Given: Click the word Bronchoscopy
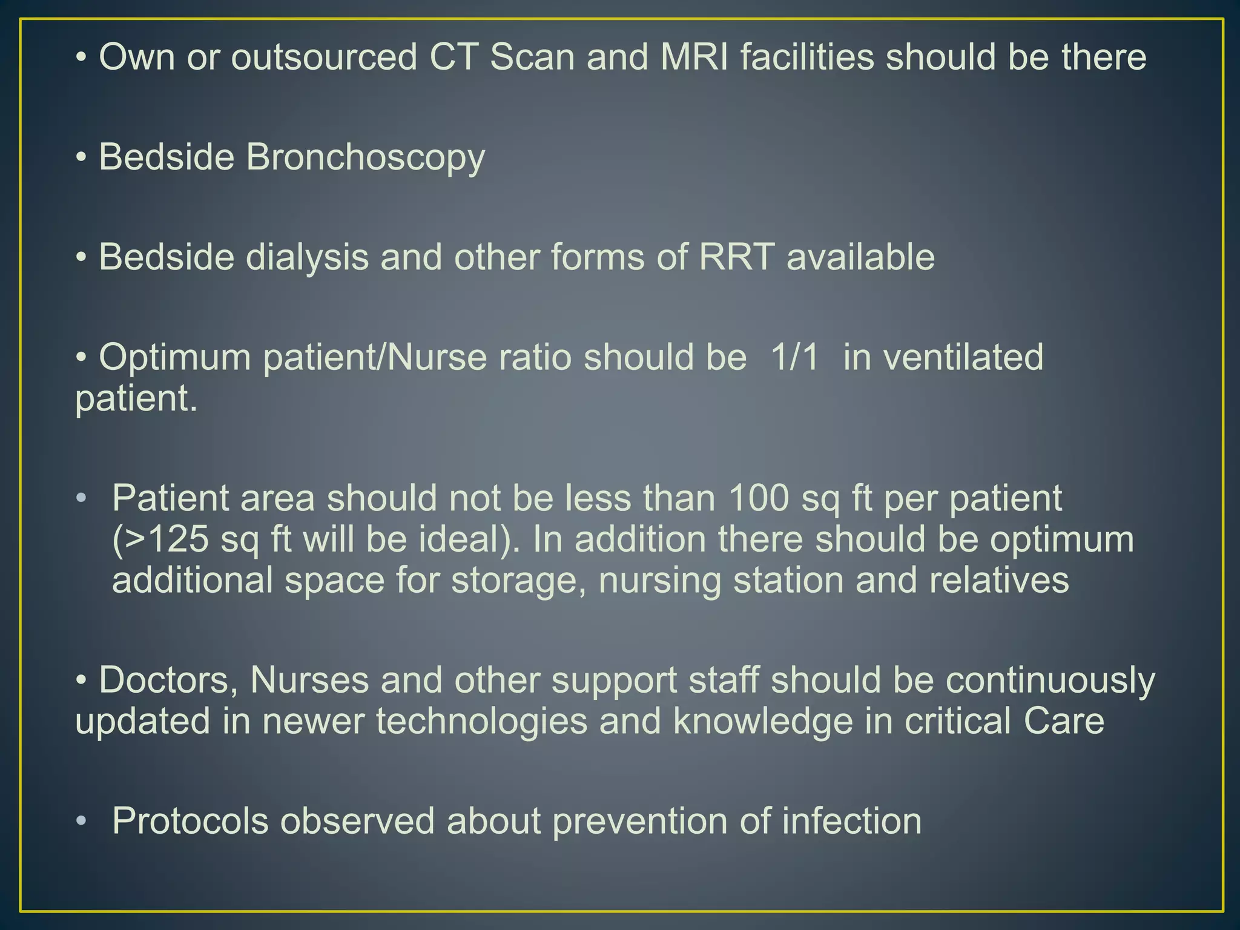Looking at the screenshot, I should (x=365, y=157).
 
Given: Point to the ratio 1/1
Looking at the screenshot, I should (x=794, y=357).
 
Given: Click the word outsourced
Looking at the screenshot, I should (x=325, y=58).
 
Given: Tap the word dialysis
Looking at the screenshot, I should (x=307, y=257).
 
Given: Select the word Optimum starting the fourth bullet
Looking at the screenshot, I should (x=175, y=357).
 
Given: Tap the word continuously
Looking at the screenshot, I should (x=1050, y=680).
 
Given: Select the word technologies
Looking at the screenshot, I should (x=482, y=721).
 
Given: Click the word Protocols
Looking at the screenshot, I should (x=190, y=821).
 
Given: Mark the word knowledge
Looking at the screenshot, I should (x=762, y=721).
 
